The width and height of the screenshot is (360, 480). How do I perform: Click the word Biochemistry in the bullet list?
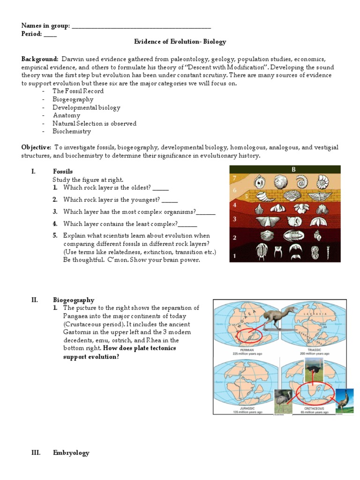click(71, 132)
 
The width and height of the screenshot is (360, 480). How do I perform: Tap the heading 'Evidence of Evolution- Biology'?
click(180, 42)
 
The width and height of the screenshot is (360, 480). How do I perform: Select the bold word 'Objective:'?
click(37, 147)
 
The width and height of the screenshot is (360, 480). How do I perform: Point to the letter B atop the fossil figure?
click(294, 170)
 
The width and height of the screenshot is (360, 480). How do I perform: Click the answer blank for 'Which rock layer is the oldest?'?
click(160, 188)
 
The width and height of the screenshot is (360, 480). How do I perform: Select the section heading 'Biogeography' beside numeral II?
click(73, 300)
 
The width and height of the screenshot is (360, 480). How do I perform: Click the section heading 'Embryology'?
click(71, 453)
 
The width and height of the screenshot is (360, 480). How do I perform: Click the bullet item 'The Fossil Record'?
click(78, 91)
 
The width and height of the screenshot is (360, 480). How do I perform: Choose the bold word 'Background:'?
click(39, 59)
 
